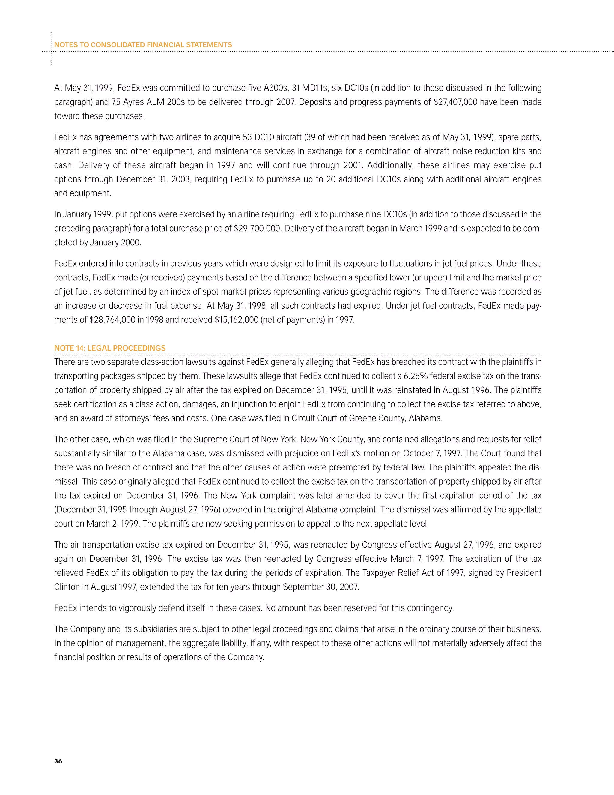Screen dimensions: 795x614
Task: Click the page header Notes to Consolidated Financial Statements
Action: point(143,45)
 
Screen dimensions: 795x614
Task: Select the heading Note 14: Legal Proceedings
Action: point(110,348)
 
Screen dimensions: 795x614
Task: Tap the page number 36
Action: point(58,761)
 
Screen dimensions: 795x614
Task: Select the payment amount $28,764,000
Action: point(112,320)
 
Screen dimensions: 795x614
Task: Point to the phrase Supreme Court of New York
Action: point(244,439)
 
